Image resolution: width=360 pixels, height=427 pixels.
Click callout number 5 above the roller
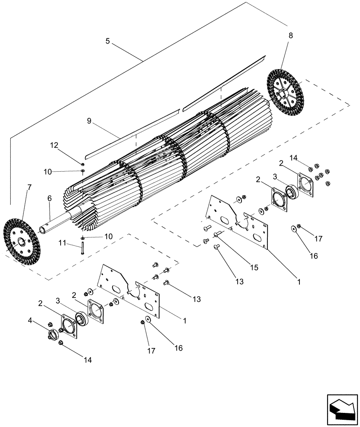[x=107, y=41]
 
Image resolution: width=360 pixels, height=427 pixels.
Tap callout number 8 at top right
[x=290, y=36]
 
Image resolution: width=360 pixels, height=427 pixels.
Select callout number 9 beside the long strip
[x=89, y=121]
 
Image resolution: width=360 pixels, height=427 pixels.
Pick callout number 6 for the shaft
[x=49, y=198]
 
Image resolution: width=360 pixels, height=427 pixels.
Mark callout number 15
[x=254, y=268]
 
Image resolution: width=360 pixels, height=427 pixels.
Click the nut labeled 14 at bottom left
[x=61, y=343]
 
